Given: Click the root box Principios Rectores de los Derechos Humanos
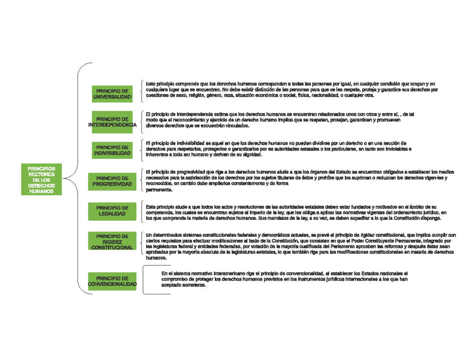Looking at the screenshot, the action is [x=42, y=179].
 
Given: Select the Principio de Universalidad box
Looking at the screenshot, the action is [x=112, y=94].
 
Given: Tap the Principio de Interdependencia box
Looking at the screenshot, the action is [x=112, y=122].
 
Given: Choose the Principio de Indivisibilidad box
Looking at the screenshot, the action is [x=112, y=150].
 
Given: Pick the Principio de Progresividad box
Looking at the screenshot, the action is [x=112, y=181].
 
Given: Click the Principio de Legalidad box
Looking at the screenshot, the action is [x=112, y=211].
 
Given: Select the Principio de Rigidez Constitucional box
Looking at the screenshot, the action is [x=112, y=241].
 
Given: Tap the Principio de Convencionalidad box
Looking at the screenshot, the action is [x=112, y=281].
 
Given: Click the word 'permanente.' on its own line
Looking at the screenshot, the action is [x=159, y=190].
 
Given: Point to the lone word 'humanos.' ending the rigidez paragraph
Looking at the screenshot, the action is [x=156, y=258].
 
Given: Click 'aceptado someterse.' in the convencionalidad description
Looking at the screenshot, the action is [x=184, y=285].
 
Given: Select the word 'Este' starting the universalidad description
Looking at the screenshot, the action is [x=151, y=83].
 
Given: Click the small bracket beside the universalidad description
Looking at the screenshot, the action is [x=141, y=91].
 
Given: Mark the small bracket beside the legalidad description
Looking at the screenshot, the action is [x=141, y=212].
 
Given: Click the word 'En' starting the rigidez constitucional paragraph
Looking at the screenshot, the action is [x=149, y=235].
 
